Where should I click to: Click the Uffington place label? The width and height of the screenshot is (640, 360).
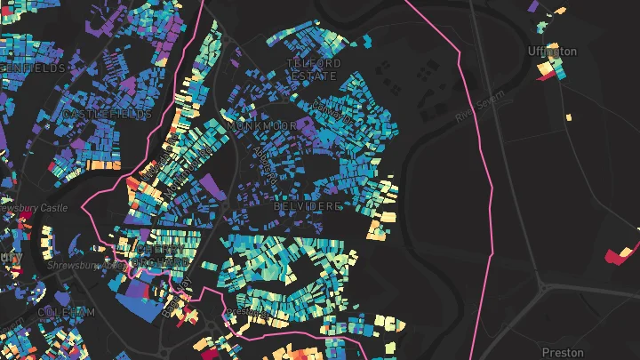(552, 52)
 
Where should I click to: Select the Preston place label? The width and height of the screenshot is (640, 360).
(561, 352)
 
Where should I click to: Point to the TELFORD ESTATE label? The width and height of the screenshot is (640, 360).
(313, 69)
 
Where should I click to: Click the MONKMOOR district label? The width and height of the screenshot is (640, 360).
(259, 127)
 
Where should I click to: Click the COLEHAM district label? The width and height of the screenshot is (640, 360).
(66, 312)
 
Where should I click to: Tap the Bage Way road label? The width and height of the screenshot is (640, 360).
(264, 160)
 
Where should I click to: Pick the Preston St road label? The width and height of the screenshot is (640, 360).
(247, 313)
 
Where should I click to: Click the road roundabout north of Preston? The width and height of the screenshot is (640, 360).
(542, 287)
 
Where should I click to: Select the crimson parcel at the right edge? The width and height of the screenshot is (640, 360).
(619, 254)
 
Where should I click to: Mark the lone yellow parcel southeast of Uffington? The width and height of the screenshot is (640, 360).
(570, 116)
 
